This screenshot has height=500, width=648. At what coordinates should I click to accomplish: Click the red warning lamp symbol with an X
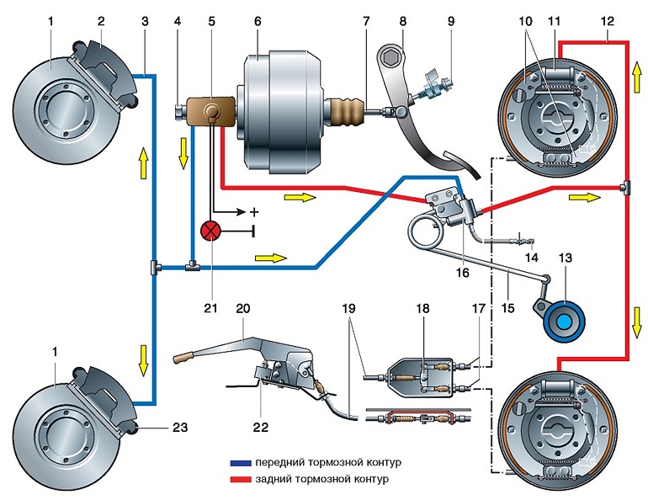[x=210, y=232]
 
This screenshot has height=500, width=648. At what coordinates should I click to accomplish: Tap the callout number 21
[x=210, y=308]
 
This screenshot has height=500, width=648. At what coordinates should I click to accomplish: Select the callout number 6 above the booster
[x=258, y=22]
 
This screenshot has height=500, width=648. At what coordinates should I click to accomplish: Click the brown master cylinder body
[x=210, y=112]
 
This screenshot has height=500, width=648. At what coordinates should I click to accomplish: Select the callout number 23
[x=180, y=427]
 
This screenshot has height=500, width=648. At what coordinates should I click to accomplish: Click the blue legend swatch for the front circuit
[x=241, y=463]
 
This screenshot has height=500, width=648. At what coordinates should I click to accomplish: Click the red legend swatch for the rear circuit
[x=241, y=479]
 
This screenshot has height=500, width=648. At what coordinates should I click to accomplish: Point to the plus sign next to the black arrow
[x=254, y=212]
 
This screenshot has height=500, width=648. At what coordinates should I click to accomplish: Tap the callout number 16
[x=463, y=273]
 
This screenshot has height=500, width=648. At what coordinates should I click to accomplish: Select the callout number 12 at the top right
[x=608, y=22]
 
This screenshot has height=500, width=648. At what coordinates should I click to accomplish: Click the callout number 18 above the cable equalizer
[x=422, y=308]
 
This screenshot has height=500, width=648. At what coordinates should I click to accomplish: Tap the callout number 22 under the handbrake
[x=261, y=427]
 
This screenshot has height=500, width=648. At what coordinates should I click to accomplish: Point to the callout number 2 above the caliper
[x=101, y=22]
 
